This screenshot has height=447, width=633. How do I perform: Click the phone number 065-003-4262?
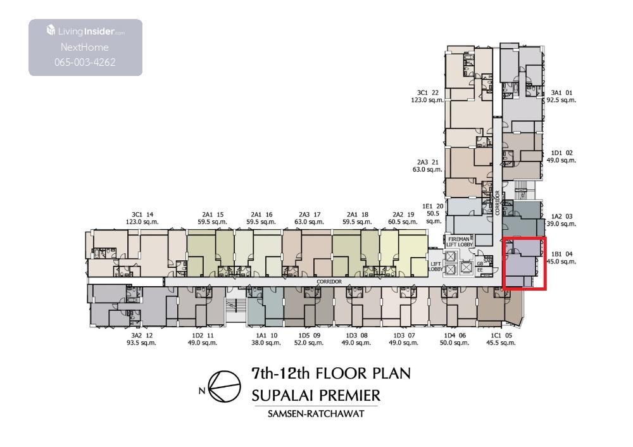point(85,62)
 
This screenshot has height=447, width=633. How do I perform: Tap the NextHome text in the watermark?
point(85,47)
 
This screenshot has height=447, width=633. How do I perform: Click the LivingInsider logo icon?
point(51,30)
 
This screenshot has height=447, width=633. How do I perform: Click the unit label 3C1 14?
point(142,215)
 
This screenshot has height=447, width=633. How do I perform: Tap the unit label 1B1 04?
point(561,254)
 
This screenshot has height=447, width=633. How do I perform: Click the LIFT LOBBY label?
point(436,267)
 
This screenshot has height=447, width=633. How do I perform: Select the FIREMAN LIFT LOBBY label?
point(459,242)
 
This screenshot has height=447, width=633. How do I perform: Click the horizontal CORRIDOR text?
point(329,282)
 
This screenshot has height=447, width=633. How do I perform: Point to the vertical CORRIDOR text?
point(498,203)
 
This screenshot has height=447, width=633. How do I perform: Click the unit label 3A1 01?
point(561,93)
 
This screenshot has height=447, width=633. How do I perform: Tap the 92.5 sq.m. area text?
point(561,100)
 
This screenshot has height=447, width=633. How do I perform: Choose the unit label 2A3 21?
point(427,162)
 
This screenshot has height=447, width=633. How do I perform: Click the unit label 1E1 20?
point(433,206)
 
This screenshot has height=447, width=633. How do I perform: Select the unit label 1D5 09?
point(310,336)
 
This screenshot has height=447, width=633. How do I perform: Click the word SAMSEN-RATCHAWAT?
point(316,413)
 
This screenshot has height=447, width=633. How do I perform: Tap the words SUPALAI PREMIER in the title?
point(316,395)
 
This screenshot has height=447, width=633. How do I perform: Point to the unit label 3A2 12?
point(142,336)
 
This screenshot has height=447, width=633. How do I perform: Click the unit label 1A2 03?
point(561,217)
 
